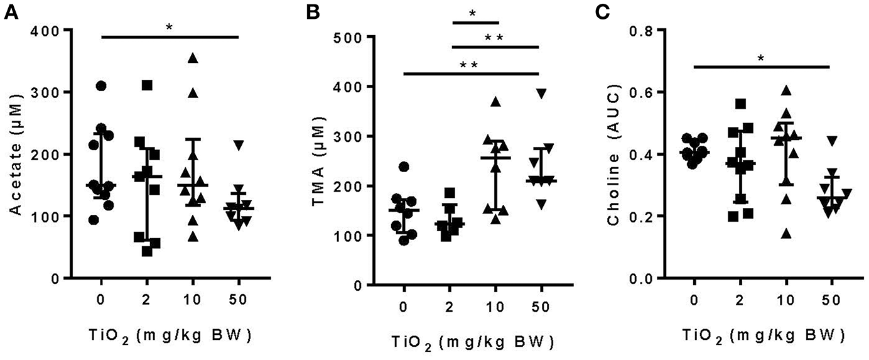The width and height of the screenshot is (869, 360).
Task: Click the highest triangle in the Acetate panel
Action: click(x=193, y=58)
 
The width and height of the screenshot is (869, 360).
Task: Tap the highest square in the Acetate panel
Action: click(x=147, y=85)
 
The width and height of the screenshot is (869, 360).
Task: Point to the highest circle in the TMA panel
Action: click(x=404, y=166)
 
